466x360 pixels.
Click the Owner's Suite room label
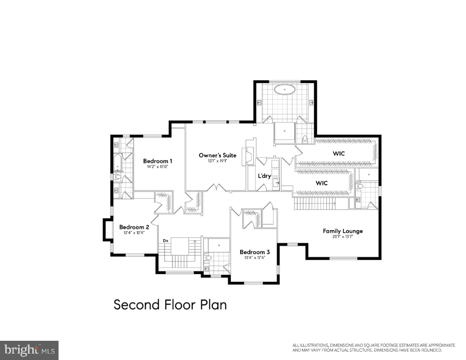(x=217, y=155)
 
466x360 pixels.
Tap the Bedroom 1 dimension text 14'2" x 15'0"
(x=158, y=167)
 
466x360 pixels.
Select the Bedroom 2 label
(x=134, y=227)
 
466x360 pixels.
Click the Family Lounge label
(x=343, y=231)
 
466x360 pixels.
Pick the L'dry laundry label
(x=264, y=176)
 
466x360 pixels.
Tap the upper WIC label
(x=339, y=153)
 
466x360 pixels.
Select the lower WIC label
(x=322, y=183)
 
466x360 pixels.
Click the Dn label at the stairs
(x=165, y=241)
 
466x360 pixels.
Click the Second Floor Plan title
(x=170, y=305)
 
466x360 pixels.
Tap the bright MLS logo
(x=29, y=350)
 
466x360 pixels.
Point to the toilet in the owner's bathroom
(x=305, y=139)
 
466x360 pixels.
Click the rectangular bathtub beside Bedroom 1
(x=118, y=163)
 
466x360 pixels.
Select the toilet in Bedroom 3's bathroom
(x=208, y=258)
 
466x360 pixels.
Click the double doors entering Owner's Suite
(x=216, y=188)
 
